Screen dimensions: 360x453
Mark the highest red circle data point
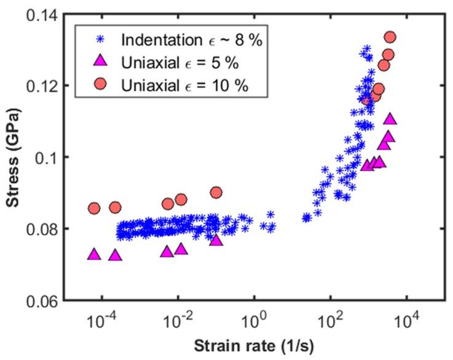point(390,37)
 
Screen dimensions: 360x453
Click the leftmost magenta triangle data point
point(94,254)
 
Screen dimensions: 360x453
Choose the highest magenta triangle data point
point(390,119)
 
